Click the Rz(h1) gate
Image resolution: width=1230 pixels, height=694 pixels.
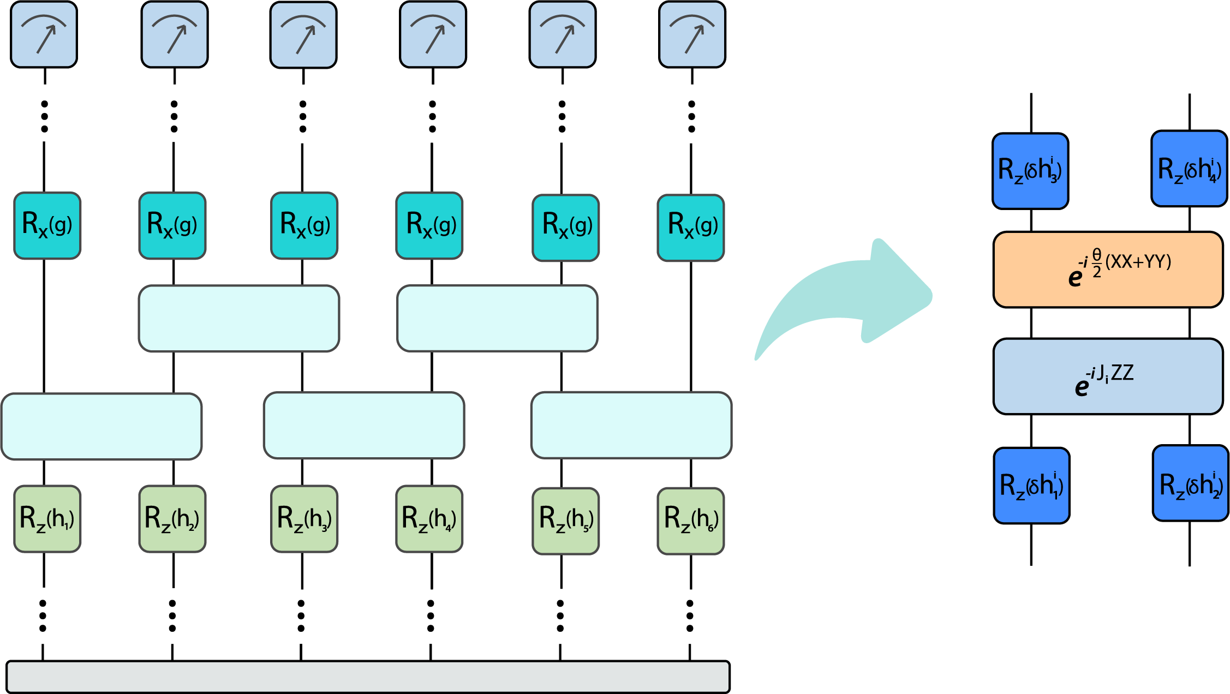pyautogui.click(x=47, y=518)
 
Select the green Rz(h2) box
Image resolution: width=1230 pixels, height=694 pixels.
pyautogui.click(x=172, y=518)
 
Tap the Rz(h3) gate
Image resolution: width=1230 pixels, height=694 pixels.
pyautogui.click(x=304, y=518)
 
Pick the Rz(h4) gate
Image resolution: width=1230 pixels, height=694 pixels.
pyautogui.click(x=429, y=518)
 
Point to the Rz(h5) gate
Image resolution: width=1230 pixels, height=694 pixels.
pyautogui.click(x=566, y=520)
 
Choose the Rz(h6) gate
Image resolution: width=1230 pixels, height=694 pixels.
pyautogui.click(x=691, y=520)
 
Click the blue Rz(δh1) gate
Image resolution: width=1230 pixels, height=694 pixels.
pyautogui.click(x=1031, y=486)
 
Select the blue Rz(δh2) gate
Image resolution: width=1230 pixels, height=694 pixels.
pyautogui.click(x=1190, y=483)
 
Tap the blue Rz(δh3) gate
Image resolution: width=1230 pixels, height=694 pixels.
pyautogui.click(x=1030, y=171)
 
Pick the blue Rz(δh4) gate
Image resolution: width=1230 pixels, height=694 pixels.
pyautogui.click(x=1189, y=169)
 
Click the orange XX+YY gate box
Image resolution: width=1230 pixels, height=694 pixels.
pyautogui.click(x=1108, y=270)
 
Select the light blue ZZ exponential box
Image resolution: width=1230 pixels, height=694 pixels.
pyautogui.click(x=1108, y=376)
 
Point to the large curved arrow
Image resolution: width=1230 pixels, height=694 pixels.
pyautogui.click(x=851, y=295)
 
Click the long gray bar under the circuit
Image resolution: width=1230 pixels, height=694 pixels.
pyautogui.click(x=368, y=677)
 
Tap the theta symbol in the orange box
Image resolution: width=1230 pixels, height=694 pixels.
pyautogui.click(x=1097, y=255)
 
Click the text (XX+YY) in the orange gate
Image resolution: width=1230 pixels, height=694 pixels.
pyautogui.click(x=1138, y=262)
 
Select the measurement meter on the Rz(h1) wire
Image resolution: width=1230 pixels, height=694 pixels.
pyautogui.click(x=44, y=35)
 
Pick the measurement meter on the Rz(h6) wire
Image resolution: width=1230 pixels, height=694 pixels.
pyautogui.click(x=692, y=35)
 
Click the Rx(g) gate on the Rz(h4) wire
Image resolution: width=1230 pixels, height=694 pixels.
pyautogui.click(x=429, y=225)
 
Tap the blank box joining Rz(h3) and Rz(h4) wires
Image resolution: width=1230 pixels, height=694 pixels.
pyautogui.click(x=364, y=426)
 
